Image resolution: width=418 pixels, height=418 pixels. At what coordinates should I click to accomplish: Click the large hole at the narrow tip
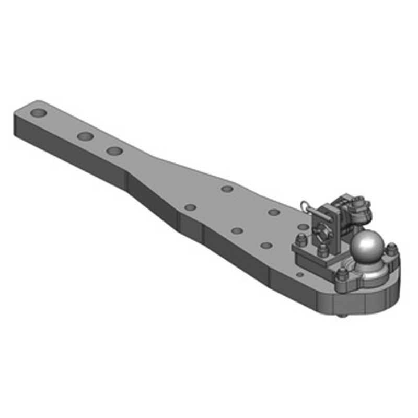pos(38,113)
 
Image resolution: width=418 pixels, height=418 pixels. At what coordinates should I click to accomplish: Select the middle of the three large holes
pos(85,136)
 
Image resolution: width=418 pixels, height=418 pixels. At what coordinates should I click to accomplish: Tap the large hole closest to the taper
pos(114,151)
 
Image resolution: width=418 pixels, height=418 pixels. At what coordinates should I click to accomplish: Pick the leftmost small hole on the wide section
pos(191,207)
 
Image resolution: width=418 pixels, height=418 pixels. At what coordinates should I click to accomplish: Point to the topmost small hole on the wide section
pos(227,189)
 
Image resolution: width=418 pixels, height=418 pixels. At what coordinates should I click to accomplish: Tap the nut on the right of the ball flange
pos(390,247)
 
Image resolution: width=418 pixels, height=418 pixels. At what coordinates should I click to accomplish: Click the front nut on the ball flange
pos(342,274)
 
